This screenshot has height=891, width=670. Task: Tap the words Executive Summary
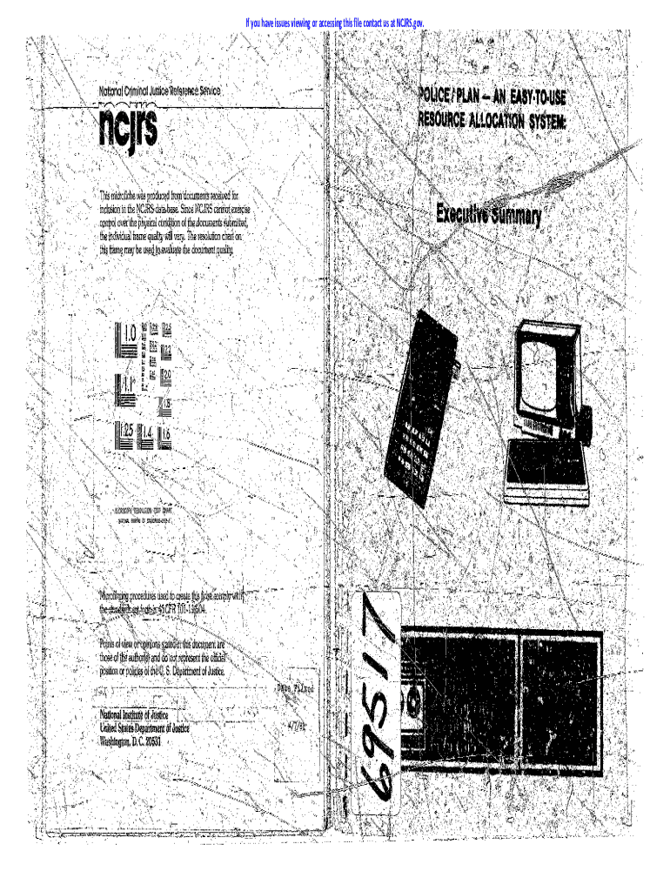[x=488, y=212]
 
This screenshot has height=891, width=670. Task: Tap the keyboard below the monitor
[x=546, y=469]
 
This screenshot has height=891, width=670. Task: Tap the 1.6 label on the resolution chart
[x=165, y=432]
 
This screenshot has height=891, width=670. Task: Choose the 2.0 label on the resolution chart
[x=166, y=375]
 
